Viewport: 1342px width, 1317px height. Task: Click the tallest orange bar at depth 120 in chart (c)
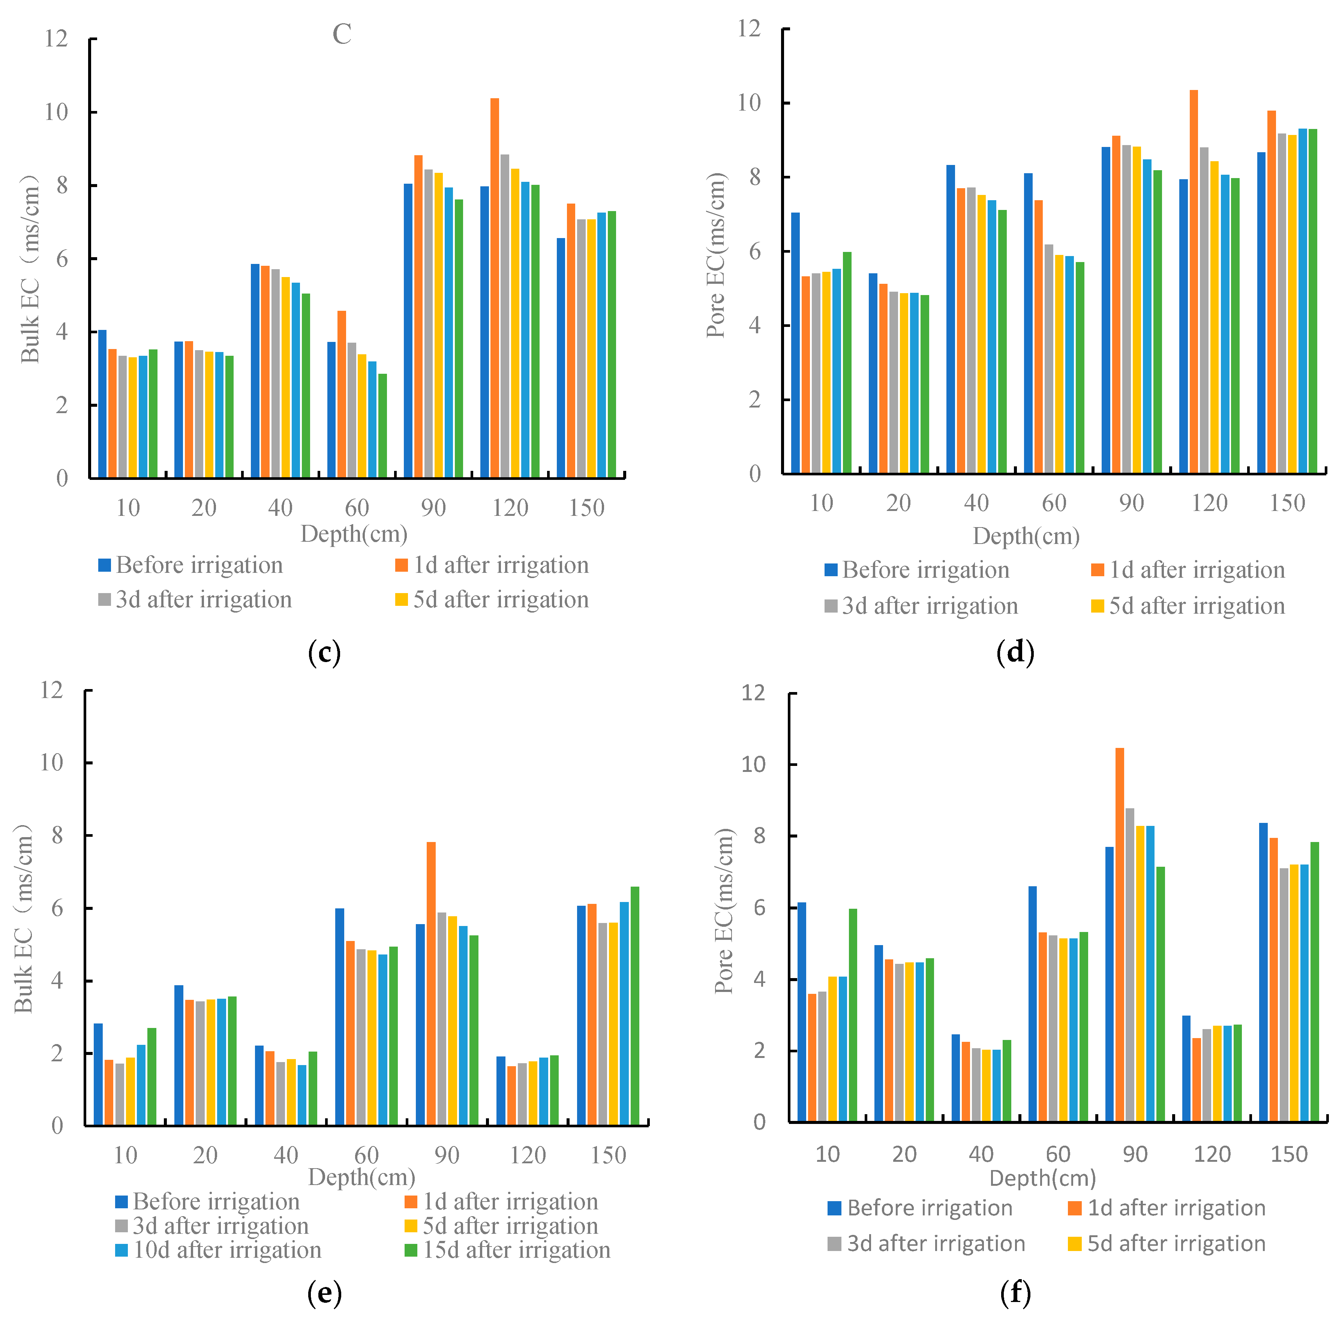click(x=495, y=291)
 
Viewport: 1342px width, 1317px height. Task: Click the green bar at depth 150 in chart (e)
click(x=634, y=1007)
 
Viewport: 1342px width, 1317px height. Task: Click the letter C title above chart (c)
click(x=342, y=34)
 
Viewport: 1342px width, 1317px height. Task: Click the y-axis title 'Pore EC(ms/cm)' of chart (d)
click(x=717, y=256)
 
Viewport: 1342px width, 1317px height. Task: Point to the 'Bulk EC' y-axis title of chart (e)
click(x=24, y=920)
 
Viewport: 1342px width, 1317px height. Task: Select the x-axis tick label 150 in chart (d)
click(x=1287, y=503)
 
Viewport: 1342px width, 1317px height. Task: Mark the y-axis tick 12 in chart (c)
click(x=56, y=39)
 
